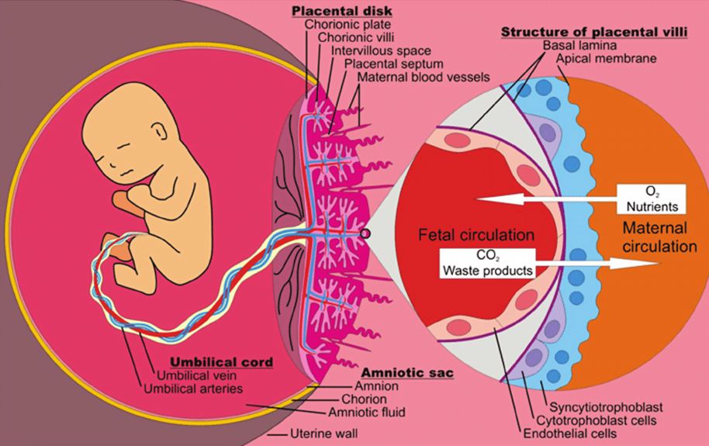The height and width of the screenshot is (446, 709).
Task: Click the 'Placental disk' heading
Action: (x=342, y=10)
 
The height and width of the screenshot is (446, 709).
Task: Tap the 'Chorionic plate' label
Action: (x=348, y=24)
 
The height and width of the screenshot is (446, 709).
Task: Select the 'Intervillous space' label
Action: (x=381, y=50)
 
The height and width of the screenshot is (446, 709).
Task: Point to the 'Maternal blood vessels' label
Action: (x=424, y=77)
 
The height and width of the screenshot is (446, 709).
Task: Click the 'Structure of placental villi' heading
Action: (x=594, y=32)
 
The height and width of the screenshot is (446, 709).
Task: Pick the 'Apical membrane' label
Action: (x=606, y=59)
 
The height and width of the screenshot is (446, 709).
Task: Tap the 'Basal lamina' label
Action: (x=579, y=45)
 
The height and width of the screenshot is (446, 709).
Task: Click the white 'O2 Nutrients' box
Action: (x=652, y=199)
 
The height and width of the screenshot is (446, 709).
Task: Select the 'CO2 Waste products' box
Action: (x=487, y=263)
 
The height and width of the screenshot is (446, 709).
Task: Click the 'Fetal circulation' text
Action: (x=476, y=235)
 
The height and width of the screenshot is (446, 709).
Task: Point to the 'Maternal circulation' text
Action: (x=659, y=237)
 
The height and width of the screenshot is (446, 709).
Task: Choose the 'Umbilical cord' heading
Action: (x=222, y=362)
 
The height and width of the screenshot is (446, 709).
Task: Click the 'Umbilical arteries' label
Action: (x=193, y=389)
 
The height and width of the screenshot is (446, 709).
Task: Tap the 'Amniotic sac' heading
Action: (x=407, y=373)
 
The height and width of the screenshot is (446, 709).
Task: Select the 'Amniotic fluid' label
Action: (x=367, y=413)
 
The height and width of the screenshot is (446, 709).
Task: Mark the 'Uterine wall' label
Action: (x=323, y=434)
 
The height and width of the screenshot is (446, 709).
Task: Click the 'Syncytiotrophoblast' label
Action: (x=606, y=406)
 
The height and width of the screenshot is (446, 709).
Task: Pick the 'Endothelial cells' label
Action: (x=569, y=434)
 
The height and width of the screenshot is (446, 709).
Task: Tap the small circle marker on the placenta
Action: (x=365, y=233)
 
